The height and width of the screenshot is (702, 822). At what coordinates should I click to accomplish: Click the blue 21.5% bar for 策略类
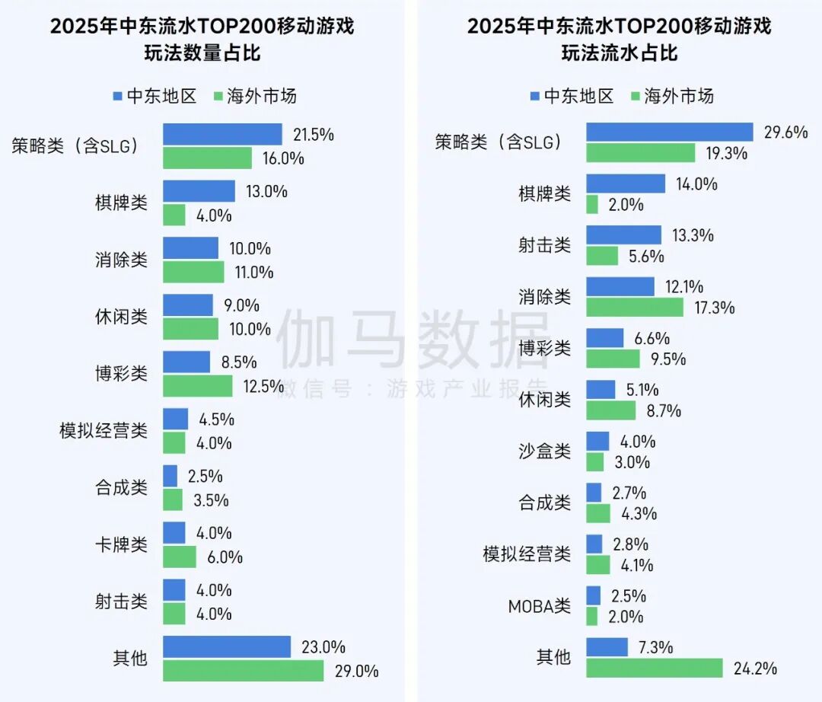pyautogui.click(x=222, y=135)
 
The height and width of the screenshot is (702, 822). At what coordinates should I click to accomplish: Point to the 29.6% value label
pyautogui.click(x=785, y=132)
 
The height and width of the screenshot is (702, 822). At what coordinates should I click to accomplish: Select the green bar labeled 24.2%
pyautogui.click(x=654, y=668)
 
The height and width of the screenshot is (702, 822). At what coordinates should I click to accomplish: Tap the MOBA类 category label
pyautogui.click(x=539, y=606)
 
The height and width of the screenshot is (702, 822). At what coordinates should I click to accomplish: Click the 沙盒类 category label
pyautogui.click(x=544, y=451)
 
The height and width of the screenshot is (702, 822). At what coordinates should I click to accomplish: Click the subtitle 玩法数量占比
pyautogui.click(x=202, y=54)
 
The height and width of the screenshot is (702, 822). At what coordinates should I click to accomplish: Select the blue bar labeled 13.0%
pyautogui.click(x=199, y=191)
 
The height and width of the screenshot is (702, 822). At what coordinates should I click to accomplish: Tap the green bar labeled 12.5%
pyautogui.click(x=197, y=386)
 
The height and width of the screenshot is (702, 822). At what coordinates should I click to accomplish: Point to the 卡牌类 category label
pyautogui.click(x=121, y=545)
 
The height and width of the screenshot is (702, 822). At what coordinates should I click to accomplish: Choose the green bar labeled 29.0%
pyautogui.click(x=243, y=671)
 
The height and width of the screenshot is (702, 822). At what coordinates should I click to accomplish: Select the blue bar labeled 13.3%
pyautogui.click(x=623, y=235)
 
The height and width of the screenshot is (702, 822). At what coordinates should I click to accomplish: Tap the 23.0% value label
pyautogui.click(x=323, y=647)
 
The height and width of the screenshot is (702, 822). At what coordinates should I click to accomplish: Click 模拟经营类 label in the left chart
pyautogui.click(x=104, y=431)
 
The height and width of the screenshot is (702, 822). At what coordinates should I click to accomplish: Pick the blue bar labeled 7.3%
pyautogui.click(x=607, y=647)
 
